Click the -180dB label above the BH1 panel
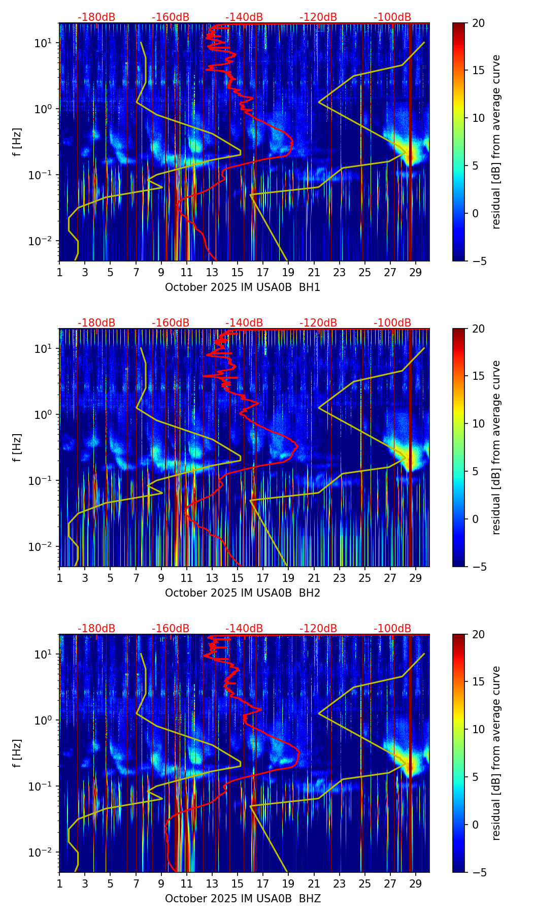tap(96, 17)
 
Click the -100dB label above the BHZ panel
tap(392, 629)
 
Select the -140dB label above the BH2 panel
tap(244, 323)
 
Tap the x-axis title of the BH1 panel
tap(243, 287)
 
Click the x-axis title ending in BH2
tap(243, 593)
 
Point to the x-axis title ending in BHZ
tap(243, 899)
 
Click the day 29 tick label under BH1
tap(416, 273)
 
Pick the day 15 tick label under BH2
tap(238, 578)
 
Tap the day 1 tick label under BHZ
tap(59, 884)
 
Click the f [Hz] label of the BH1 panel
tap(17, 142)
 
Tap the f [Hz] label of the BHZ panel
tap(17, 753)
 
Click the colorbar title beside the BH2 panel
tap(496, 447)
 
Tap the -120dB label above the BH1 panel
tap(318, 17)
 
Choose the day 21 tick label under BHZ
tap(314, 884)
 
